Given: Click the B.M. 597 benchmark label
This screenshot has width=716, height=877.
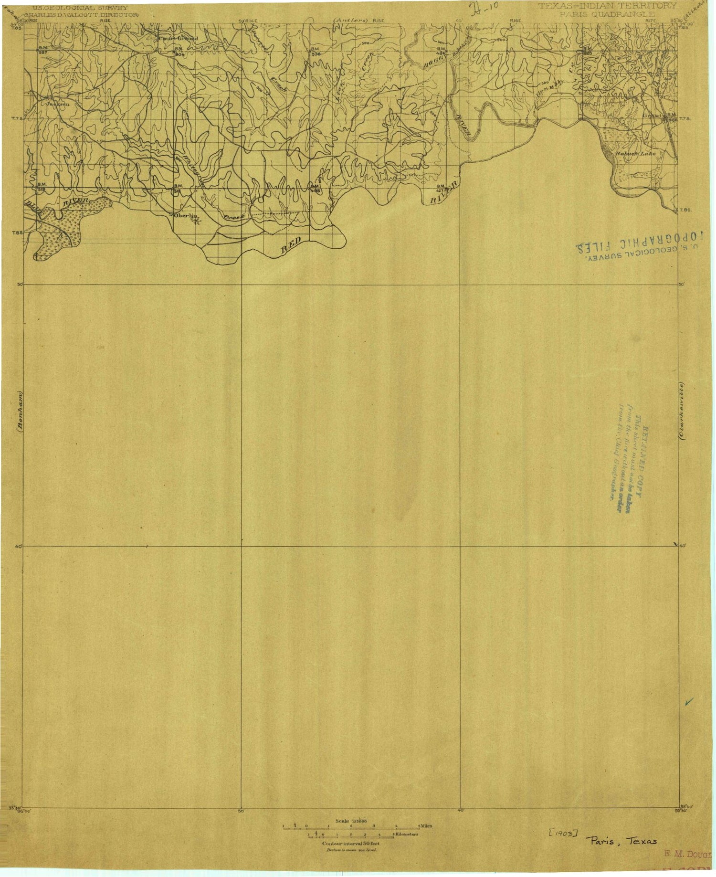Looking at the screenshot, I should click(x=42, y=51).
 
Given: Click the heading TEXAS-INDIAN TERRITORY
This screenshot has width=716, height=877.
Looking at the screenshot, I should click(x=608, y=6).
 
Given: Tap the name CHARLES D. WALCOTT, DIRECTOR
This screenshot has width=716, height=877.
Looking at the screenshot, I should click(x=81, y=15).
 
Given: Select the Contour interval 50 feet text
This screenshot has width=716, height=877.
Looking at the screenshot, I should click(x=351, y=844).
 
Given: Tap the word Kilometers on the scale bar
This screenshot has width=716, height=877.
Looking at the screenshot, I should click(x=407, y=835).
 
